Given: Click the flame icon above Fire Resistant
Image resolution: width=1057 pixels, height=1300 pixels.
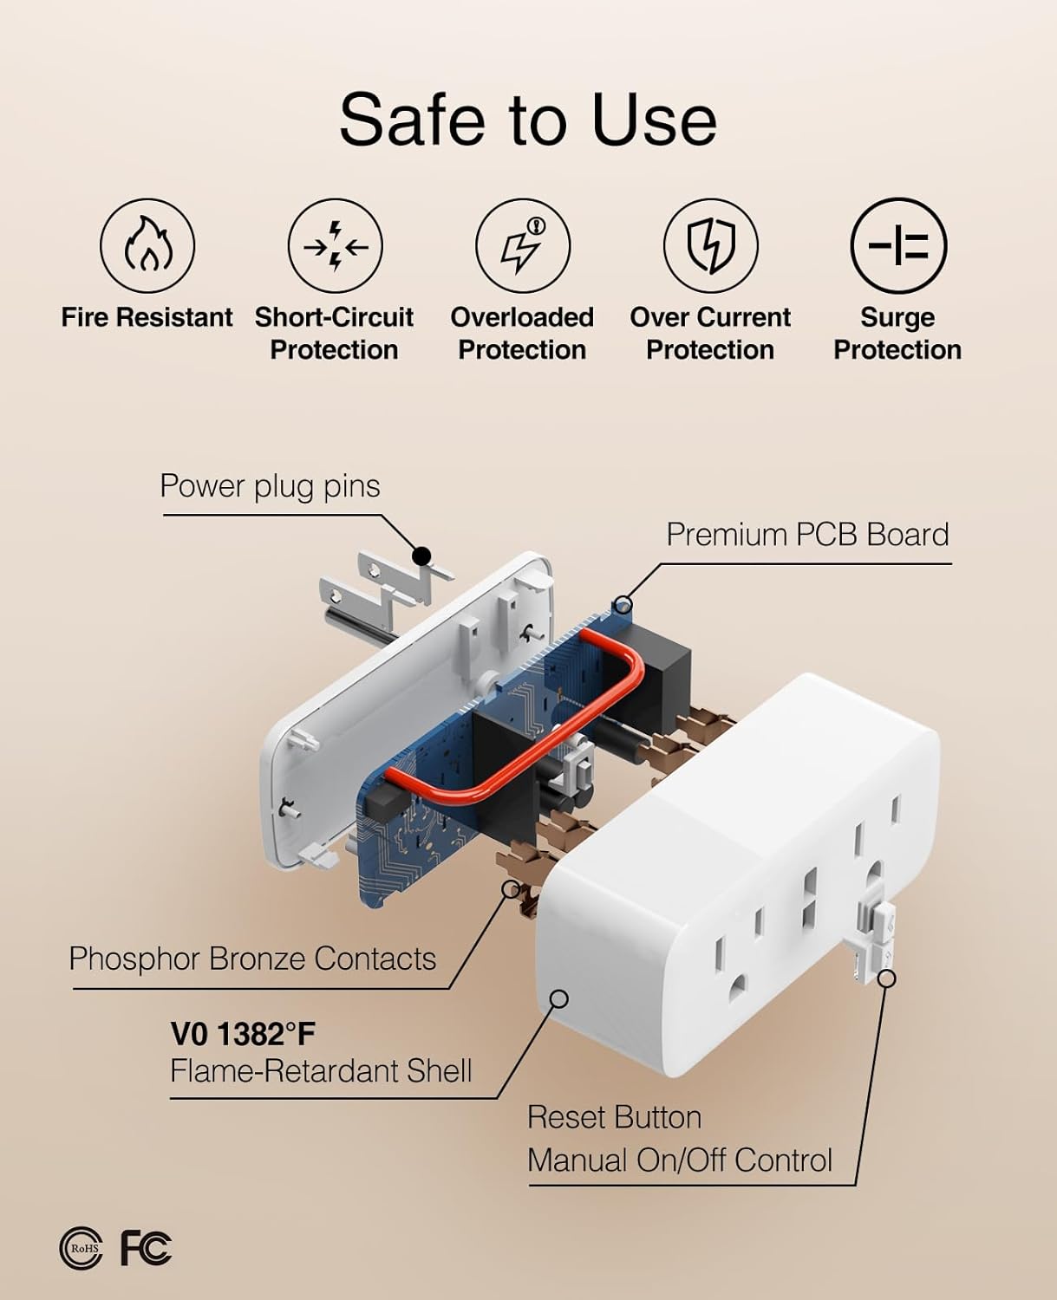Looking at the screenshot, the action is click(147, 246).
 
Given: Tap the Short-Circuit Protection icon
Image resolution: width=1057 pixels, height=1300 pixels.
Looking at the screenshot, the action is click(336, 246).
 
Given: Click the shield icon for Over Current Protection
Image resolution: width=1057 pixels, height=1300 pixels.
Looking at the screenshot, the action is click(711, 246).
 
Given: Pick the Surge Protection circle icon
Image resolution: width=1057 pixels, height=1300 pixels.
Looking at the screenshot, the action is click(898, 246).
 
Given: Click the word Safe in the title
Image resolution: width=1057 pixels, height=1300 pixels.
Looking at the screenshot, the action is click(412, 120).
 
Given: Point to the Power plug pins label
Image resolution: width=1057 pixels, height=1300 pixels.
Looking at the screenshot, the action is click(270, 487).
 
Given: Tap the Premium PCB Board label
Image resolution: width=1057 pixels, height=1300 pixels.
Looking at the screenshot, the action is click(807, 535).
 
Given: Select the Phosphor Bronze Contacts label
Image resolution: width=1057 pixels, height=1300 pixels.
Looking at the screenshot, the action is click(252, 959).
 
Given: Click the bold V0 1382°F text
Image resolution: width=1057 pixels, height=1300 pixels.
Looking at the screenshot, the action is click(243, 1034).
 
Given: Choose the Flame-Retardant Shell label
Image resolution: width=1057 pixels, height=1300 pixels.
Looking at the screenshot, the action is click(321, 1070).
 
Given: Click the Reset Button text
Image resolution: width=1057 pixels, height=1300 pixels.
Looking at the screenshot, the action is click(614, 1117).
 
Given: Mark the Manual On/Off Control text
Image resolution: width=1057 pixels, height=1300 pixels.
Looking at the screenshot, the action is click(680, 1160).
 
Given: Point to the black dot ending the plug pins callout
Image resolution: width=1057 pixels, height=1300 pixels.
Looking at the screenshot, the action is click(421, 556).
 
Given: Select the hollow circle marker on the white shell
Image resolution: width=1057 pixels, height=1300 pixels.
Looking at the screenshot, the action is click(558, 999).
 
